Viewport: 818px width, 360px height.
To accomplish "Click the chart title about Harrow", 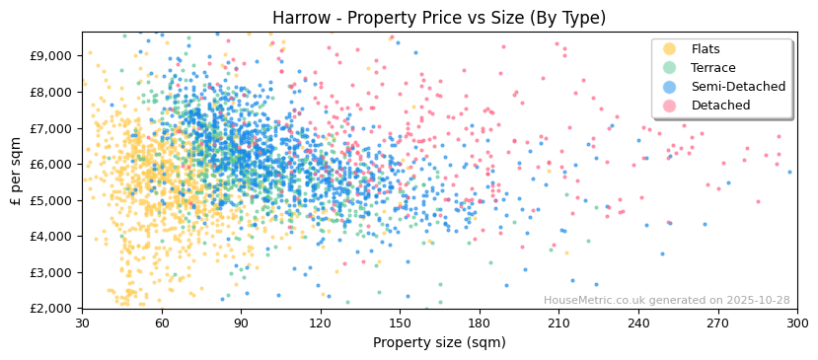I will tap(439, 18).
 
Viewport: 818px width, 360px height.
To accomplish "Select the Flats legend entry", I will tap(706, 49).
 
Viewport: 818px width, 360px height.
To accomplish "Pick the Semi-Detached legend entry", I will tap(731, 87).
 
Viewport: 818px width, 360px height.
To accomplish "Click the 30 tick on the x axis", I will tap(82, 323).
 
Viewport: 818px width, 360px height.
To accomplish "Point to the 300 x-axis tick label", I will tap(797, 323).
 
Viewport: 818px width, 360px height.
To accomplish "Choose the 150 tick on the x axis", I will tap(400, 323).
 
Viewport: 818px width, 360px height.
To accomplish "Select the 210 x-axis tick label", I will tap(558, 323).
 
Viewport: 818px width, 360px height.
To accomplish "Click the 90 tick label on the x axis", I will tap(241, 323).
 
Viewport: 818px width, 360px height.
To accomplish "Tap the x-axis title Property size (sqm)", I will tap(439, 342).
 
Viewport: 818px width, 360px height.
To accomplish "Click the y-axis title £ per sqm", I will tap(16, 170).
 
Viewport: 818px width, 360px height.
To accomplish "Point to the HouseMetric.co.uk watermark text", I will tap(666, 300).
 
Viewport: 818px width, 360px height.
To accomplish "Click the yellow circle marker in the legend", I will tap(669, 49).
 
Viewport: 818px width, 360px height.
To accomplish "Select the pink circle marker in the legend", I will tap(669, 106).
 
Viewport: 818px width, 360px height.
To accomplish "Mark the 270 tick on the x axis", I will tap(717, 323).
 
